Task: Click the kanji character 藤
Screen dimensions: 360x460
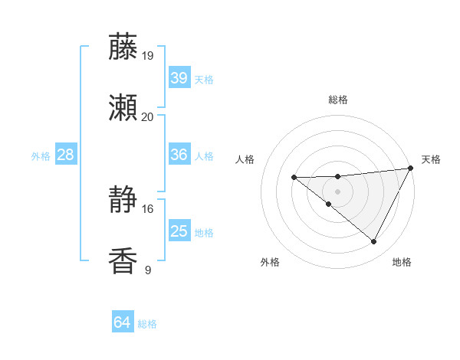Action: click(x=123, y=47)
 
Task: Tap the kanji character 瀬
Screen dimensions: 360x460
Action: click(x=123, y=109)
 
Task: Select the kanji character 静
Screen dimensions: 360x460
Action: click(x=123, y=201)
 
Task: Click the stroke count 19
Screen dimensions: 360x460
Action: click(x=148, y=55)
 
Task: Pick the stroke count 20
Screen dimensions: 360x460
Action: click(x=148, y=116)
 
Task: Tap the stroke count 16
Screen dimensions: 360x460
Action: click(x=148, y=208)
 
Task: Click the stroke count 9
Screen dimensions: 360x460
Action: click(x=148, y=270)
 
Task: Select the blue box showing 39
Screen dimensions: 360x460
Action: click(x=179, y=78)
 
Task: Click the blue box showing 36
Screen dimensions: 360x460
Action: click(x=179, y=155)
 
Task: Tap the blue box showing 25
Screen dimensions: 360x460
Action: click(x=179, y=231)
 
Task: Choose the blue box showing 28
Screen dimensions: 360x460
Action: click(x=66, y=155)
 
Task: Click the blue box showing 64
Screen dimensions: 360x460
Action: click(x=122, y=323)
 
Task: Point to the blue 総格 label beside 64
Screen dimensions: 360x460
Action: click(x=147, y=324)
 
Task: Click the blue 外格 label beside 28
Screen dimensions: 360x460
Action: click(x=41, y=155)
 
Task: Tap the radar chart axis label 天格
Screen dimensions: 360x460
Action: click(x=431, y=159)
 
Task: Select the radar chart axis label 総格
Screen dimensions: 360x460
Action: click(x=338, y=100)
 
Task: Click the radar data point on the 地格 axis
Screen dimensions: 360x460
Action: click(x=374, y=242)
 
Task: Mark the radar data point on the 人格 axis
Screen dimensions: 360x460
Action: click(x=294, y=178)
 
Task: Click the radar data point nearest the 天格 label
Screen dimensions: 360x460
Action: click(x=412, y=169)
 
